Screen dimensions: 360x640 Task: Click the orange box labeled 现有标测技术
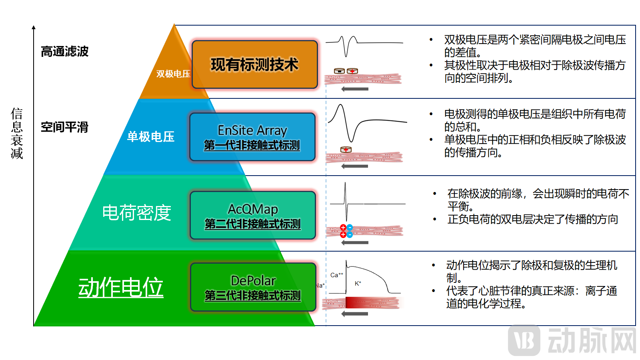click(255, 64)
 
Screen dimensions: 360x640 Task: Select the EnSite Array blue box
click(252, 137)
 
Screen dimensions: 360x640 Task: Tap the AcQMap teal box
click(253, 216)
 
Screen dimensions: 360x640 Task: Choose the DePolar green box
click(253, 287)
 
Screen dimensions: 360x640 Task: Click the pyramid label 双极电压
click(173, 74)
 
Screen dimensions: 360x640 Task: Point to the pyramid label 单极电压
click(151, 137)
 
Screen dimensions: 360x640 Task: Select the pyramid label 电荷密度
click(136, 213)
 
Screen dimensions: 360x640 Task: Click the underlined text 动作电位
click(121, 287)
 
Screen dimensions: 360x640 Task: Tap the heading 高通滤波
click(64, 52)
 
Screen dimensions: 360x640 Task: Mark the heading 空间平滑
click(64, 127)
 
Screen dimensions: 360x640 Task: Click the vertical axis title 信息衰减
click(17, 133)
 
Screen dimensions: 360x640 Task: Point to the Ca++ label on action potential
click(336, 275)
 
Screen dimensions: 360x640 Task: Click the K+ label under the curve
click(358, 283)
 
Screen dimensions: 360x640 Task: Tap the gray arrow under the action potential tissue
click(355, 314)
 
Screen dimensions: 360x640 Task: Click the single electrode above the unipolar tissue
click(346, 150)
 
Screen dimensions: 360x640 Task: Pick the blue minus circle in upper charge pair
click(350, 227)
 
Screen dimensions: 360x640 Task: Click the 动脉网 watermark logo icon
click(524, 340)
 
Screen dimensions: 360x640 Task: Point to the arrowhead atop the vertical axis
click(34, 28)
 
